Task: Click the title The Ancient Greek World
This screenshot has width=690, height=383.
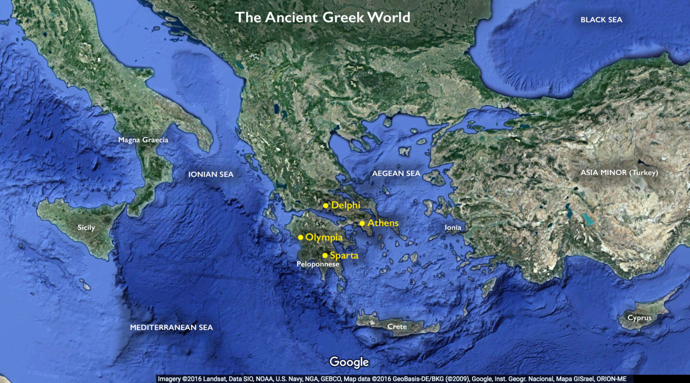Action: (323, 18)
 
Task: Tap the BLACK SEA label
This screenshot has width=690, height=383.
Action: (601, 20)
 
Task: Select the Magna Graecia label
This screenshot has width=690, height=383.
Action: (143, 140)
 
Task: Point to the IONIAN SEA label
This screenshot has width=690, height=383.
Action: (211, 174)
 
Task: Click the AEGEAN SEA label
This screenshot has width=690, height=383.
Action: (396, 174)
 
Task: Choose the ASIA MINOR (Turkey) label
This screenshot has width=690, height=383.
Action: (619, 173)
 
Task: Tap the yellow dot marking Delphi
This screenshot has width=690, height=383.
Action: (326, 206)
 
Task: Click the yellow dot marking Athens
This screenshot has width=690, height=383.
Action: (362, 223)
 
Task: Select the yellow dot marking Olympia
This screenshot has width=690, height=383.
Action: (301, 237)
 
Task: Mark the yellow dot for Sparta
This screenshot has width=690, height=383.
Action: (325, 256)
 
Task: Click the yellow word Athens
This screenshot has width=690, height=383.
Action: (383, 223)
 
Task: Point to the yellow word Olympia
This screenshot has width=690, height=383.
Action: (324, 237)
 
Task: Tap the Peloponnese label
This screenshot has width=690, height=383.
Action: (318, 264)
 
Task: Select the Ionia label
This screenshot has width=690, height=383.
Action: (453, 227)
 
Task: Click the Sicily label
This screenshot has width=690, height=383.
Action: (86, 227)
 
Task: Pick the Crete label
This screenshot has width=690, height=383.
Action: (397, 327)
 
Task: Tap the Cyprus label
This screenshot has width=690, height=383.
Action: (639, 318)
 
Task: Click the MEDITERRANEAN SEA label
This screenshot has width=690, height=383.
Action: (171, 328)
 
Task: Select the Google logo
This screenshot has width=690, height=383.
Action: (349, 362)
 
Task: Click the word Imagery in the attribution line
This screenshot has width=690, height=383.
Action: (169, 379)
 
